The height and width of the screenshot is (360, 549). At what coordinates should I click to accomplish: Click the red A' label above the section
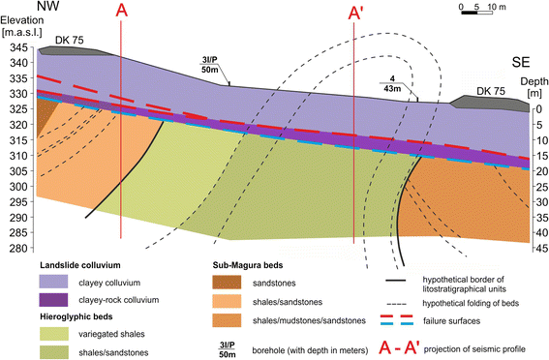click(x=357, y=16)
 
